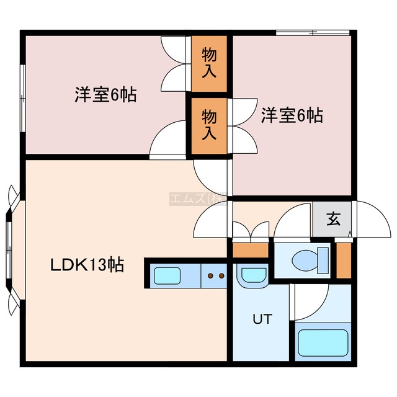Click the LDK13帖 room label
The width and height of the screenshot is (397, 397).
click(x=87, y=266)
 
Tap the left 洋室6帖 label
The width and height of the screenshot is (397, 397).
click(x=106, y=96)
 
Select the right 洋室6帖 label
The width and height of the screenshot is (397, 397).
click(x=292, y=115)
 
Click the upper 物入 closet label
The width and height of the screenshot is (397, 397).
click(x=209, y=64)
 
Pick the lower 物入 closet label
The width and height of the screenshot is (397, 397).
click(x=209, y=125)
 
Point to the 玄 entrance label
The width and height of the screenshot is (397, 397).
click(x=334, y=218)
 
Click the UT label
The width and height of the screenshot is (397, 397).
click(x=261, y=319)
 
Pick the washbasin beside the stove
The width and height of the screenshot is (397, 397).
click(x=252, y=274)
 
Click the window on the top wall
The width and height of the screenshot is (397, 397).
click(x=313, y=32)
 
